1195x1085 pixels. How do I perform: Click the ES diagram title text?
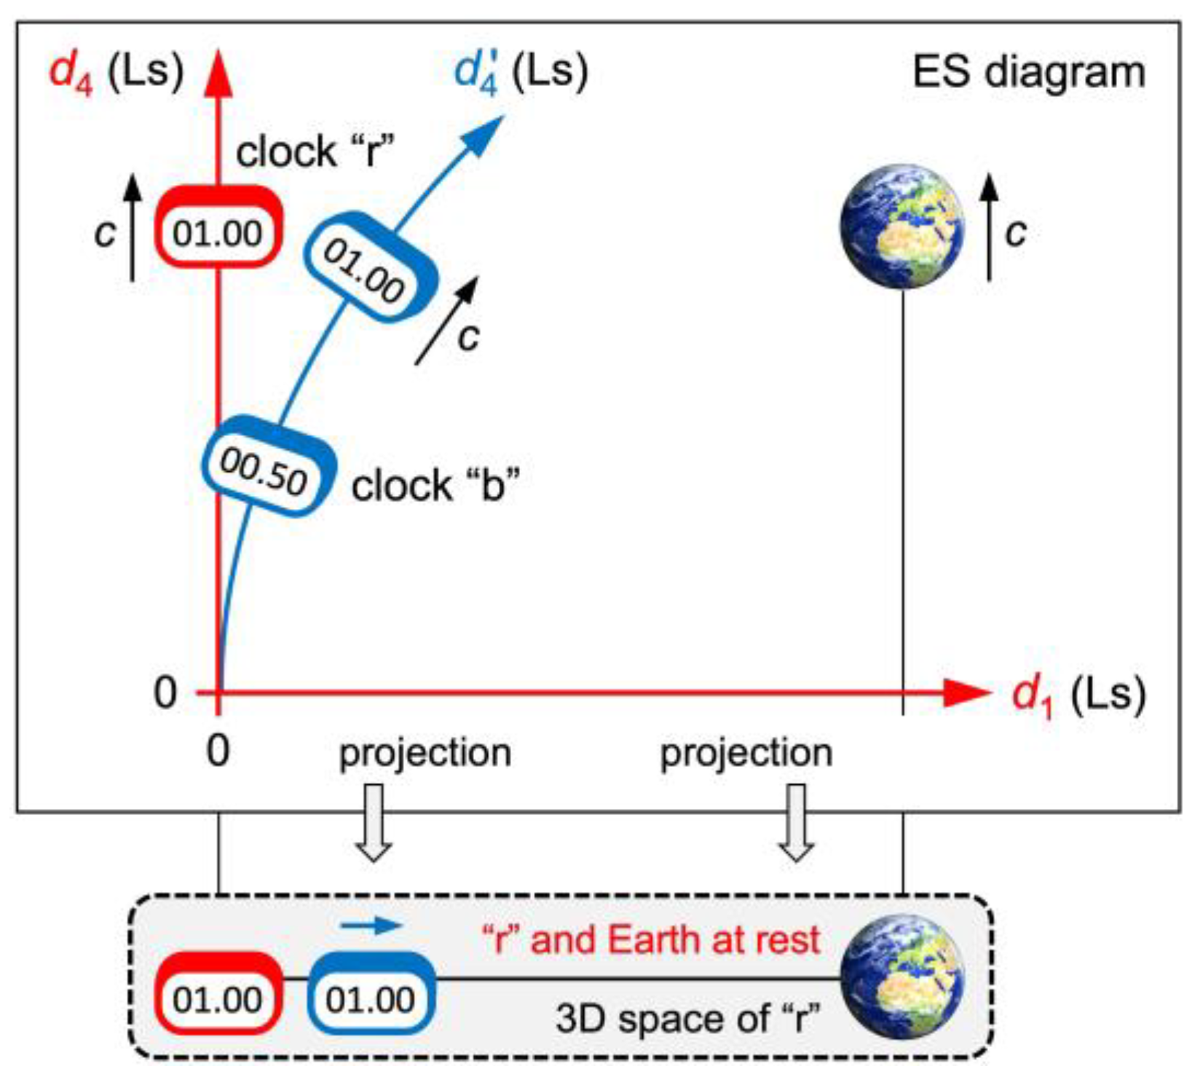pyautogui.click(x=1028, y=73)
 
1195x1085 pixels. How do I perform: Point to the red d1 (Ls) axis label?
pyautogui.click(x=1078, y=696)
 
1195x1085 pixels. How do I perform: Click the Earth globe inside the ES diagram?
pyautogui.click(x=902, y=226)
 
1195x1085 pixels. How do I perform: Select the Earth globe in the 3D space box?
pyautogui.click(x=902, y=976)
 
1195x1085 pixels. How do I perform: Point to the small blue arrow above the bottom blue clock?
pyautogui.click(x=371, y=925)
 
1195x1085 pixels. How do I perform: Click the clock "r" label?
pyautogui.click(x=315, y=153)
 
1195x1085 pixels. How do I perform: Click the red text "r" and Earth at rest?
pyautogui.click(x=652, y=939)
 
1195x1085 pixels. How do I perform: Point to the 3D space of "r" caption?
pyautogui.click(x=687, y=1018)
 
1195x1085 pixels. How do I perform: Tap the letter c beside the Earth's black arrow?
pyautogui.click(x=1016, y=233)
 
